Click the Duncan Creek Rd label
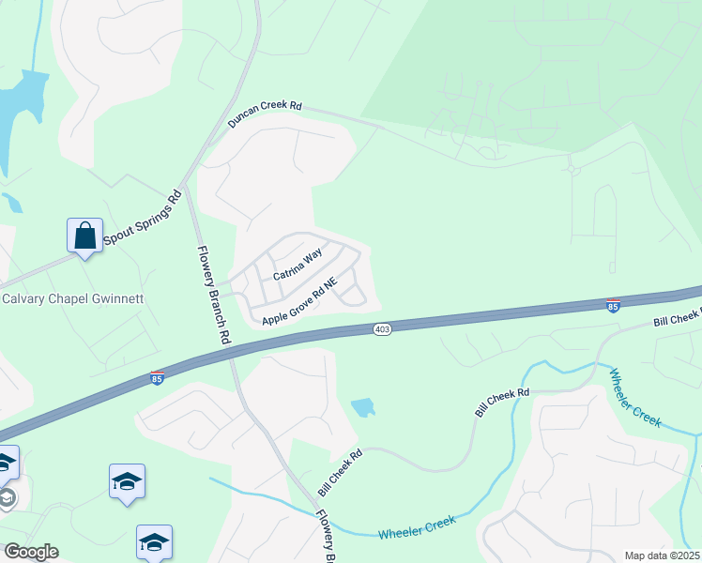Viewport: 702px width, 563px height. tap(265, 115)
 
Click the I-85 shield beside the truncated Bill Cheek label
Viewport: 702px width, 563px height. tap(613, 305)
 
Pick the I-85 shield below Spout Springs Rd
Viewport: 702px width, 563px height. tap(157, 377)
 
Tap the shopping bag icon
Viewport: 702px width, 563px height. tap(84, 235)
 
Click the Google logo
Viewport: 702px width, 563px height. tap(30, 551)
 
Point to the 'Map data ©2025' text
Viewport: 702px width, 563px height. tap(661, 555)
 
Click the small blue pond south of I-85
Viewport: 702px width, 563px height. tap(362, 407)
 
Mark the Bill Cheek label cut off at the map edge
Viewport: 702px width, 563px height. tap(679, 317)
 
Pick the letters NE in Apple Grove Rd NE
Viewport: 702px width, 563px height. tap(328, 285)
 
